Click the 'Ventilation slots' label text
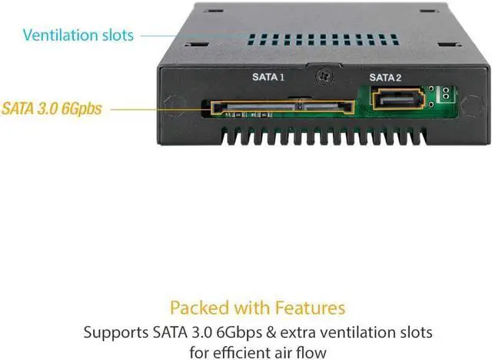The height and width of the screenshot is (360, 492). pyautogui.click(x=78, y=35)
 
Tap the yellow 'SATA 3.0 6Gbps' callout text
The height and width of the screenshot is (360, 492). pyautogui.click(x=52, y=108)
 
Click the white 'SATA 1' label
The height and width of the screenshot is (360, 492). pyautogui.click(x=268, y=77)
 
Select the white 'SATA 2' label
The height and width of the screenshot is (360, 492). pyautogui.click(x=384, y=77)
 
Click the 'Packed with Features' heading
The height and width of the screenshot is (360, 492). pyautogui.click(x=257, y=308)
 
